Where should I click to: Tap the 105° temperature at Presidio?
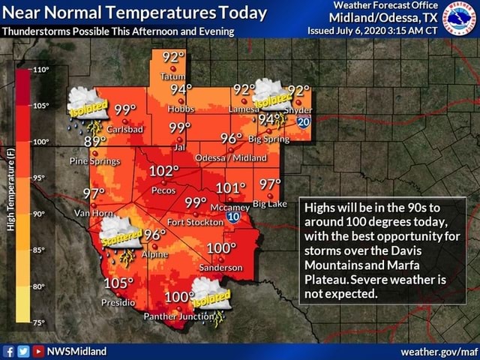pos(120,283)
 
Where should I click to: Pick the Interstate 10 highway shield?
pos(233,217)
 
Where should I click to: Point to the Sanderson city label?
pos(220,267)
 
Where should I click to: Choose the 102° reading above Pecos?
pos(165,172)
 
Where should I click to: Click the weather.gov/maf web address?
pos(439,351)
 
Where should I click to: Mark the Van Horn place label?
pos(91,213)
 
